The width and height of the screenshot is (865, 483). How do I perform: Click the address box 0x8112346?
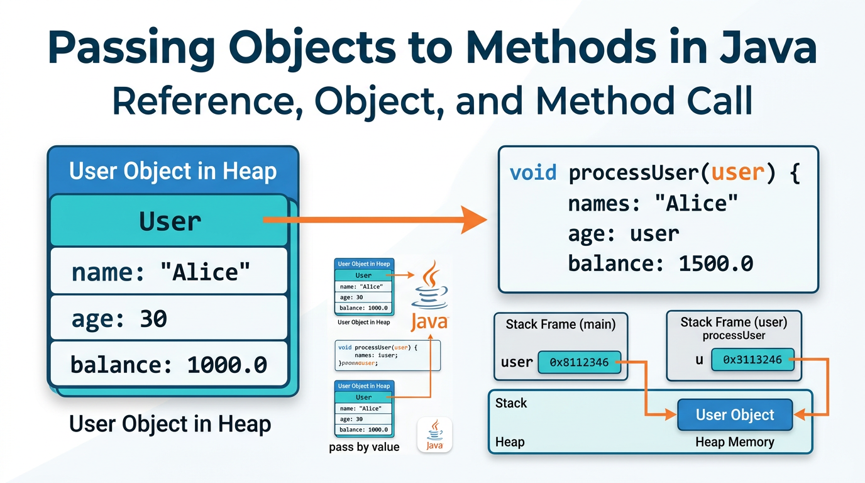coord(579,362)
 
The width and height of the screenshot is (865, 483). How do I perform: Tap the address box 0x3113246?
coord(752,360)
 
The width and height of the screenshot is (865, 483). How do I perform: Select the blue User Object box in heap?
coord(735,415)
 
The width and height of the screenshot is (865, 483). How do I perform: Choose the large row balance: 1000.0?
coord(168,364)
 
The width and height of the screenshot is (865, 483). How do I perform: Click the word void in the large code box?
coord(533,172)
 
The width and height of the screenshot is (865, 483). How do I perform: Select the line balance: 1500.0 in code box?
coord(660,263)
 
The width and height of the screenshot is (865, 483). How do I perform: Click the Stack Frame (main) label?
coord(561,325)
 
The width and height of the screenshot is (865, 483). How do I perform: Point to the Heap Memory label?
coord(734,442)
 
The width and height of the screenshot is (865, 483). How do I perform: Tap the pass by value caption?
coord(364,447)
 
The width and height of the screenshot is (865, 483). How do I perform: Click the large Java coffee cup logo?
coord(430,296)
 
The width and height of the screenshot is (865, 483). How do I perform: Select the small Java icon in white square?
coord(434,435)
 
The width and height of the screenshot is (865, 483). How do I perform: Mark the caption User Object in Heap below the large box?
coord(170,424)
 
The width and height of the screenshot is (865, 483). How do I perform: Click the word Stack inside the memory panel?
coord(511,403)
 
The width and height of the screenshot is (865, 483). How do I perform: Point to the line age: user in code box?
coord(623,233)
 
